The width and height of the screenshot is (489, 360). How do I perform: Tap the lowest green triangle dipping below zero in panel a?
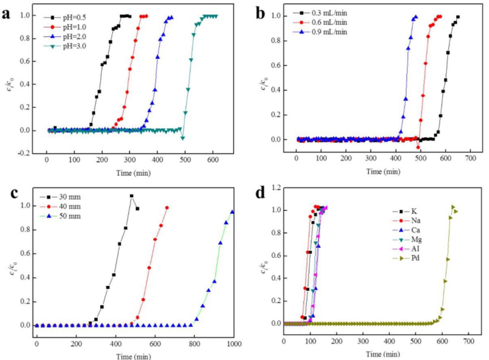click(182, 138)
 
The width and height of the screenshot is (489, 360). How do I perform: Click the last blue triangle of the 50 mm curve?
click(232, 212)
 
